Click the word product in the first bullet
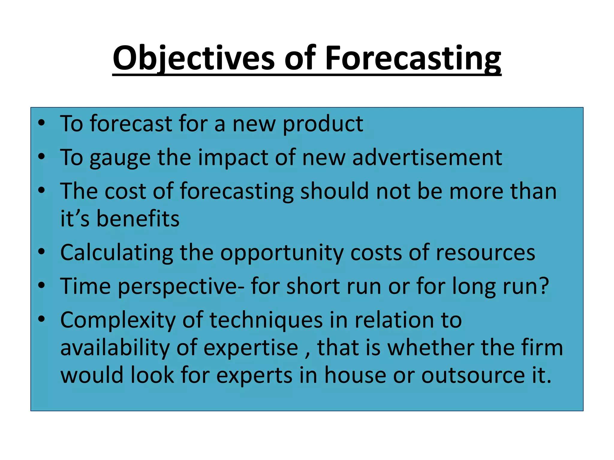pyautogui.click(x=323, y=124)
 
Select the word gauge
pyautogui.click(x=120, y=158)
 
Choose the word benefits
pyautogui.click(x=138, y=219)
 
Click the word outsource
pyautogui.click(x=473, y=376)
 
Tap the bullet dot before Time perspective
pyautogui.click(x=41, y=285)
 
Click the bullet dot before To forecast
pyautogui.click(x=41, y=122)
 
